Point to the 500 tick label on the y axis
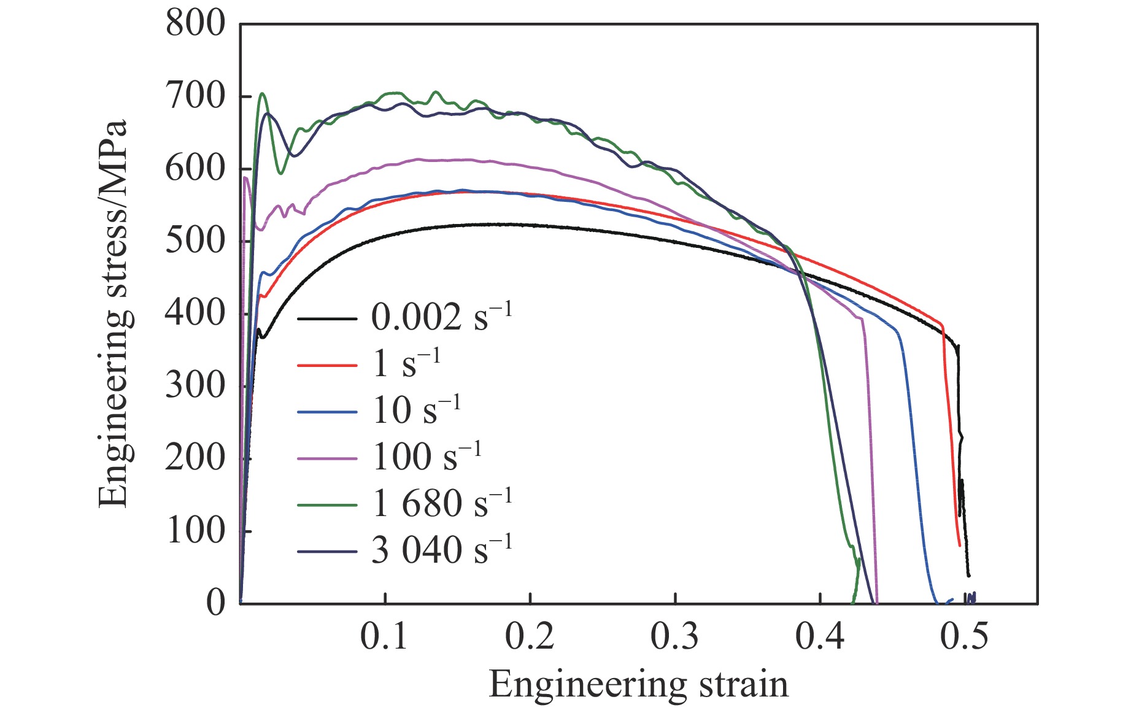coord(195,241)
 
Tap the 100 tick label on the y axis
coord(195,531)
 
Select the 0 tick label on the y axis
coord(215,603)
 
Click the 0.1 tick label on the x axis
coord(384,638)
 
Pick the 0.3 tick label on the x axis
coord(674,638)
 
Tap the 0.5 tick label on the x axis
coord(964,638)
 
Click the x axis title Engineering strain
coord(638,684)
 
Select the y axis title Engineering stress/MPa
coord(113,313)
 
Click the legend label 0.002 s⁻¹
coord(441,317)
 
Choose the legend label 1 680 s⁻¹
coord(441,504)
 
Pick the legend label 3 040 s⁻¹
coord(441,550)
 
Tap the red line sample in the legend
coord(327,365)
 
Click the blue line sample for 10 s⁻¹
coord(327,411)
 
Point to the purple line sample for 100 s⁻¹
coord(327,458)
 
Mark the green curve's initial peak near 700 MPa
coord(263,94)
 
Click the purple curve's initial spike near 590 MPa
coord(245,177)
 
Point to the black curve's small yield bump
coord(259,330)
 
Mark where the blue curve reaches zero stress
coord(936,603)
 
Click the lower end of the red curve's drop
coord(959,545)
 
